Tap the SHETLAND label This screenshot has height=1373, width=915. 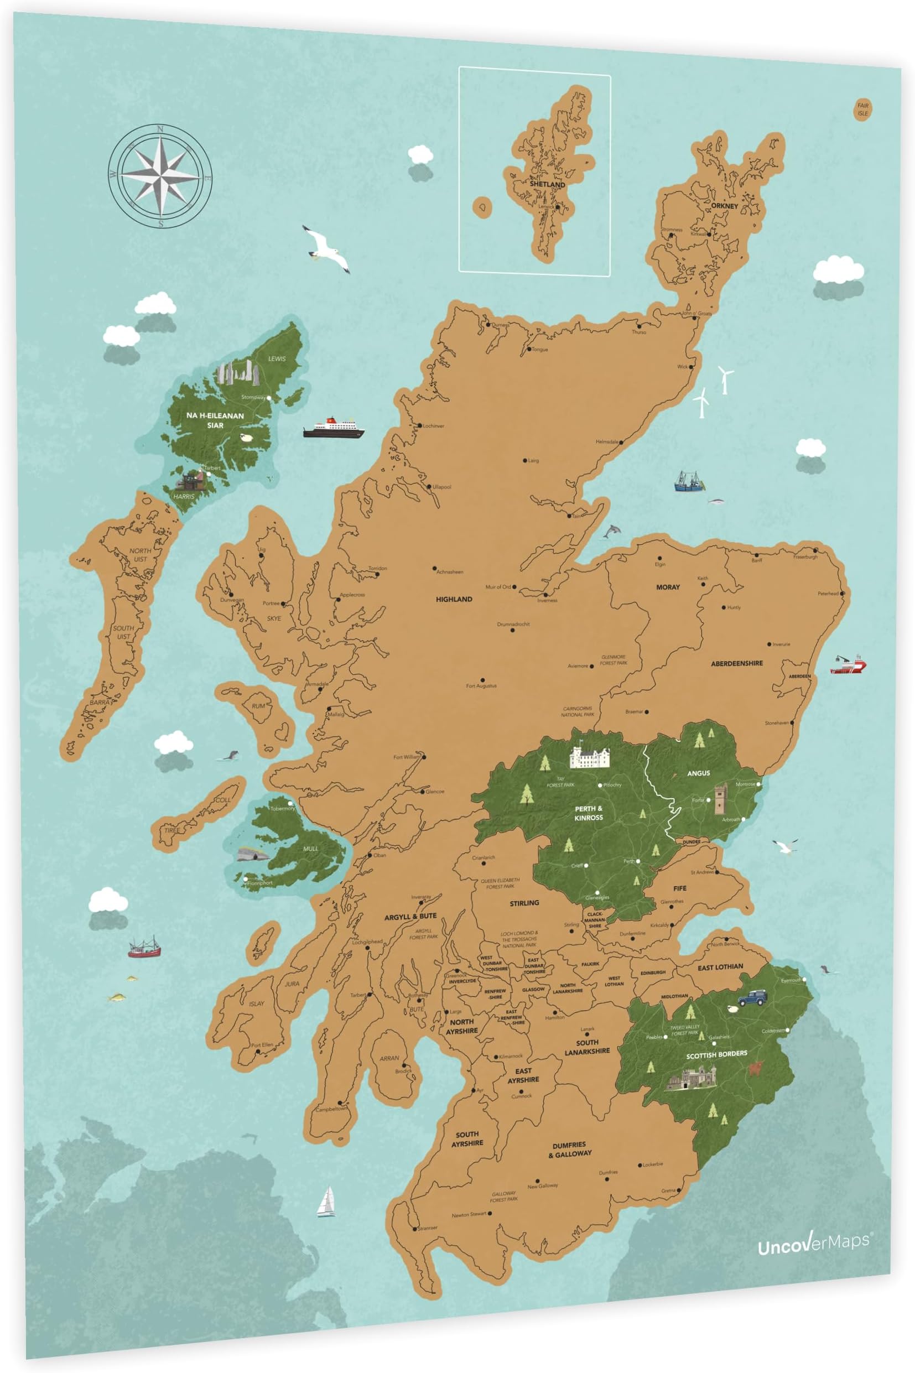(547, 184)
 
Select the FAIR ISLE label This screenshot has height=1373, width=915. (862, 109)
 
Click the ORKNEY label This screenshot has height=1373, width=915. (724, 206)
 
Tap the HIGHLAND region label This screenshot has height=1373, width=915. (454, 599)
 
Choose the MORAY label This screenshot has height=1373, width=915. (668, 587)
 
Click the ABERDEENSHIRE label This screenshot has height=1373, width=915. (736, 663)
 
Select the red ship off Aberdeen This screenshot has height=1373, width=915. (848, 664)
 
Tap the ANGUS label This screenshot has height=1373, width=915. (698, 773)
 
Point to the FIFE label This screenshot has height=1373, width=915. (680, 888)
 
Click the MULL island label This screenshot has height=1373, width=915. (310, 849)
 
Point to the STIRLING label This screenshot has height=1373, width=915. (524, 903)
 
